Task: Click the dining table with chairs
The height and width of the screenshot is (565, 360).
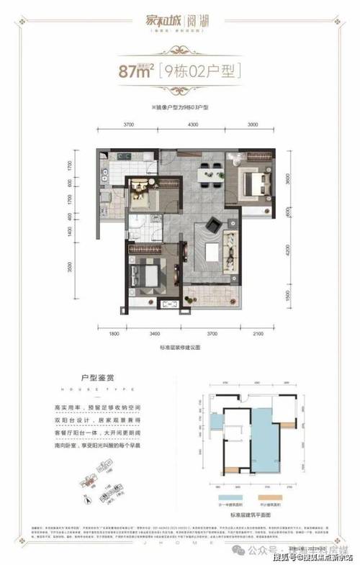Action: pos(209,173)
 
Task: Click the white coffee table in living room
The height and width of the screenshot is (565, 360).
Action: pos(213,253)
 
